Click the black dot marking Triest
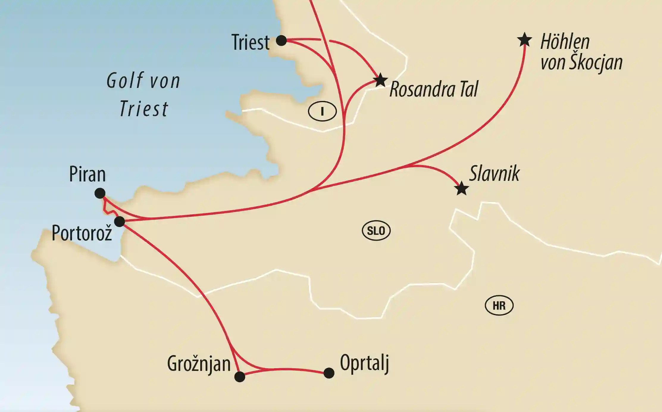tap(281, 40)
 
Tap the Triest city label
tap(251, 42)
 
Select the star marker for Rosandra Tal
tap(381, 80)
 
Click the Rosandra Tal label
tap(434, 89)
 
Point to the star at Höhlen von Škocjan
tap(525, 40)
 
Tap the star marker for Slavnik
tap(462, 188)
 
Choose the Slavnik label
tap(494, 173)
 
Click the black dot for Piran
tap(100, 193)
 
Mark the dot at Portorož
tap(120, 221)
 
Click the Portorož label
tap(82, 233)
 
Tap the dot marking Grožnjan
tap(240, 377)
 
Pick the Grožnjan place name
tap(199, 364)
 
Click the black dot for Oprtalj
tap(329, 373)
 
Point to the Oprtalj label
tap(364, 363)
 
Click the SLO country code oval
tap(376, 231)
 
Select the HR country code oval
tap(499, 306)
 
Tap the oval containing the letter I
tap(322, 111)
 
